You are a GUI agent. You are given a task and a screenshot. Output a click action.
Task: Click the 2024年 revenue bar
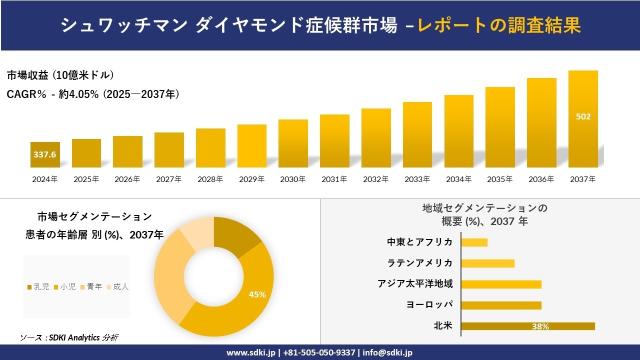(x=45, y=154)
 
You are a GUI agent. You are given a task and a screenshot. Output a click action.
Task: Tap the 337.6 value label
(x=45, y=154)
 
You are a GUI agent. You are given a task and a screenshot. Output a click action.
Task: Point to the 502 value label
(x=583, y=116)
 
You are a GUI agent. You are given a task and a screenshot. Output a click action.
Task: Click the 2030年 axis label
(x=292, y=179)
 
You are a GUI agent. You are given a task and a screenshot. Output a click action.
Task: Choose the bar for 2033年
(x=417, y=134)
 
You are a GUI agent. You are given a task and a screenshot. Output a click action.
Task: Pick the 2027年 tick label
(x=168, y=179)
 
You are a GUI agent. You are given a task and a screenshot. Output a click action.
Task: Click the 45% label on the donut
(x=257, y=294)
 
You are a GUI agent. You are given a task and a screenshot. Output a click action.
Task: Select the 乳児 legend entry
(x=38, y=286)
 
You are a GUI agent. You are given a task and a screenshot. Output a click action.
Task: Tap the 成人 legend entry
(x=118, y=286)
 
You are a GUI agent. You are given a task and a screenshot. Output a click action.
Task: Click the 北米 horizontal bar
(x=527, y=326)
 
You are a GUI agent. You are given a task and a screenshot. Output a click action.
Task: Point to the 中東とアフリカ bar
(x=474, y=242)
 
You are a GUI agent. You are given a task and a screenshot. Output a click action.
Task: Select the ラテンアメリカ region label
(x=420, y=263)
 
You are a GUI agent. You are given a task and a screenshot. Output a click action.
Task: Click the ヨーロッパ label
(x=429, y=304)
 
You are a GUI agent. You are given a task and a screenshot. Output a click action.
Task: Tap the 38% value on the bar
(x=540, y=326)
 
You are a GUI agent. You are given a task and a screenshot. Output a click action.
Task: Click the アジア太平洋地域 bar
(x=501, y=284)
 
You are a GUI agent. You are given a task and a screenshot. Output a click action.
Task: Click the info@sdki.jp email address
(x=388, y=352)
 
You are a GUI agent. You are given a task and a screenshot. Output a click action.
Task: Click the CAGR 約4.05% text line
(x=93, y=94)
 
